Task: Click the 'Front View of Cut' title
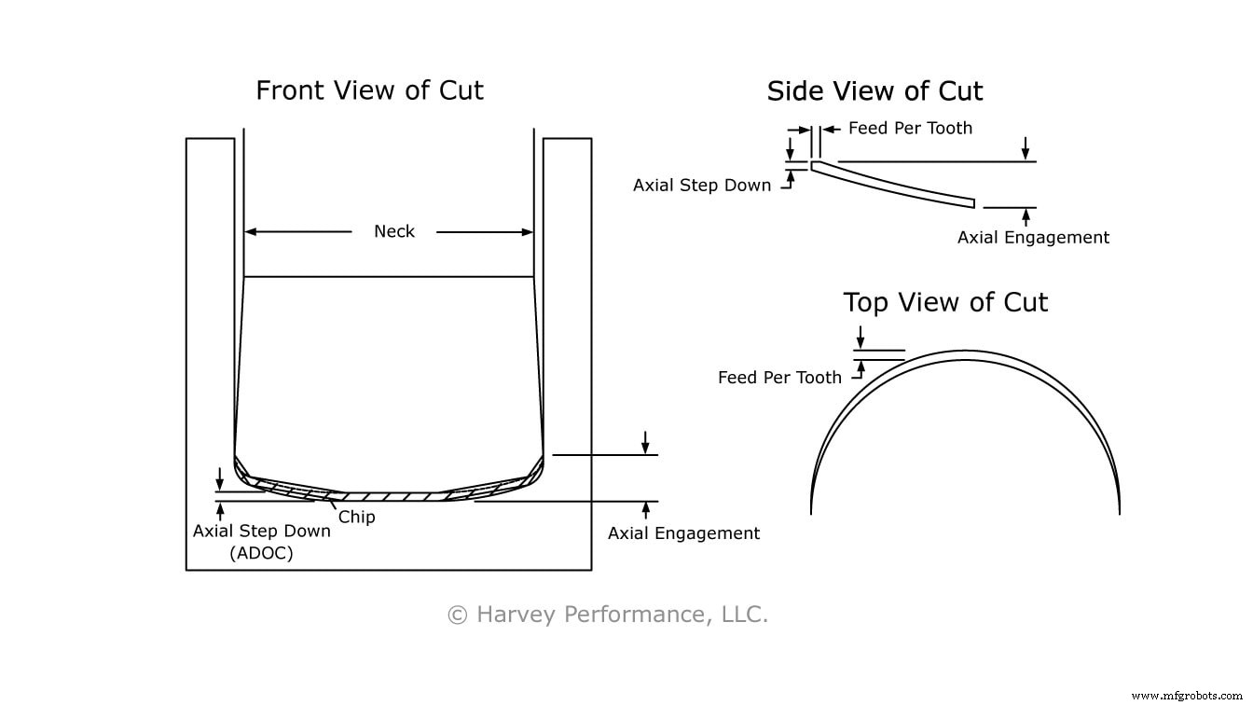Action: coord(369,90)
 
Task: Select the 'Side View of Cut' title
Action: coord(874,91)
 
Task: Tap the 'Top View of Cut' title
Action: coord(945,302)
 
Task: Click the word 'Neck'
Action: coord(393,231)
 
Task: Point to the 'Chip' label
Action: coord(356,516)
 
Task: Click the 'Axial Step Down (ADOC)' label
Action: coord(261,541)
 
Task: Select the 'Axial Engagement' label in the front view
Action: coord(683,533)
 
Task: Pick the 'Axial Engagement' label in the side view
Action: coord(1033,238)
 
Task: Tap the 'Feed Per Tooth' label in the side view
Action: coord(910,129)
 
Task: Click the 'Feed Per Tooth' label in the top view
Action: coord(779,378)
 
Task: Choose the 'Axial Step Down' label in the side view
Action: coord(702,185)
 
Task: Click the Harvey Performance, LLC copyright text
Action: coord(608,615)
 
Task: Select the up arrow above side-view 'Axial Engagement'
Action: coord(1026,216)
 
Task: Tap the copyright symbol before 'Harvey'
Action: coord(457,615)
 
